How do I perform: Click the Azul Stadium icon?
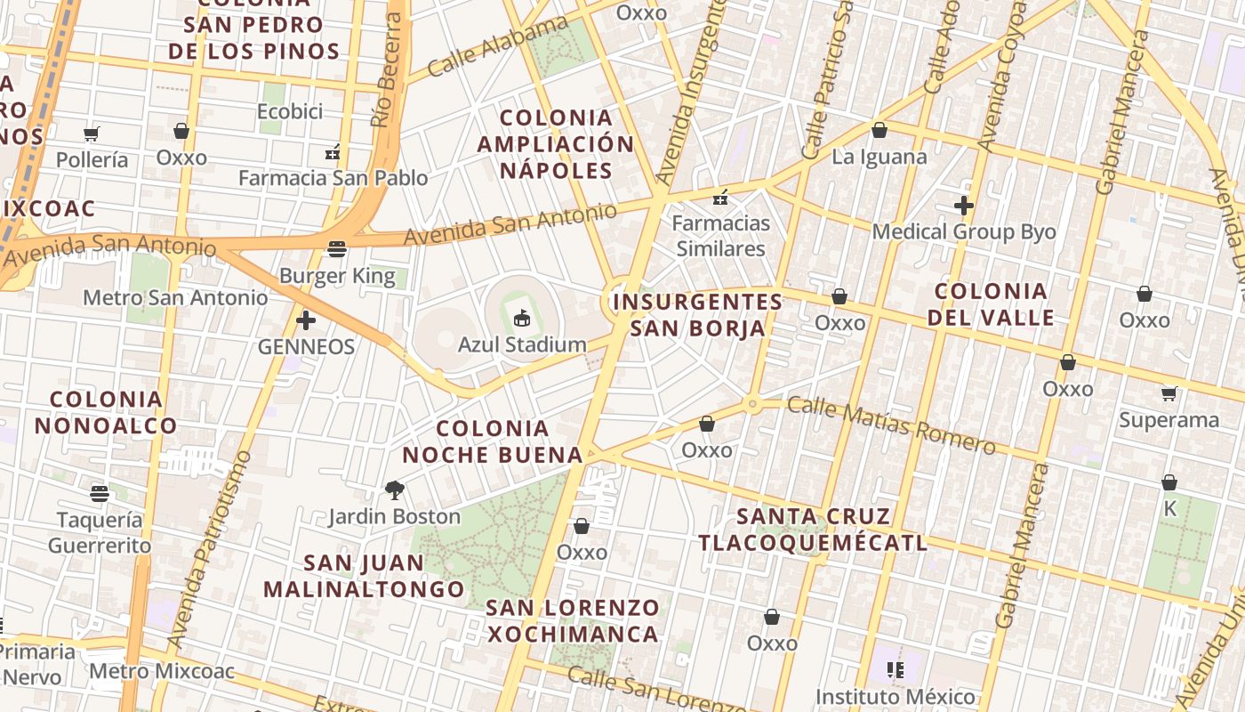tap(522, 318)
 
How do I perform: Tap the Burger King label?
tap(337, 276)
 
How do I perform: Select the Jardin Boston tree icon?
tap(394, 489)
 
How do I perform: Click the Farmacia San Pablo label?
tap(333, 178)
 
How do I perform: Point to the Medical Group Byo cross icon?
tap(963, 206)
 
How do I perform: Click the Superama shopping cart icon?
tap(1169, 393)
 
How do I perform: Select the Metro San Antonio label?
tap(175, 297)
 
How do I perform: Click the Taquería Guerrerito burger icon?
tap(100, 493)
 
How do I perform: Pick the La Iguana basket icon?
tap(880, 131)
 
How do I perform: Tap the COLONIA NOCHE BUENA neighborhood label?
tap(492, 442)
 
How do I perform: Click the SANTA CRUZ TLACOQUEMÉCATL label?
tap(813, 530)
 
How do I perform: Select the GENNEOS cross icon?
tap(306, 320)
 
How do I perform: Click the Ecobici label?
tap(289, 111)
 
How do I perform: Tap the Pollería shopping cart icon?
tap(92, 133)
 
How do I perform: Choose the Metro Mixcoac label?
tap(162, 671)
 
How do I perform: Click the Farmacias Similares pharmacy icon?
tap(721, 197)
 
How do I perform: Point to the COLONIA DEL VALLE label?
tap(991, 304)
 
